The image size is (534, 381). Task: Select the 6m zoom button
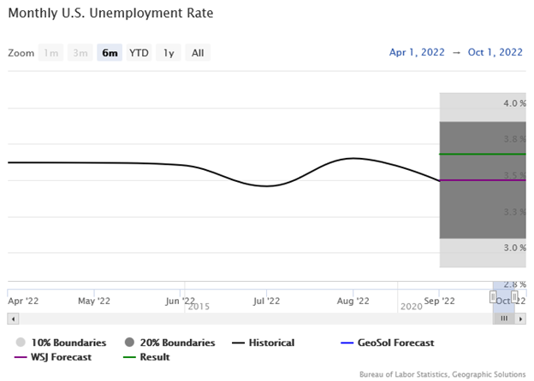[x=110, y=53]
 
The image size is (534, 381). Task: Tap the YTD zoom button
[x=139, y=53]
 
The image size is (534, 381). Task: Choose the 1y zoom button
[x=169, y=53]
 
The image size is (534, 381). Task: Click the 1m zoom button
[x=51, y=53]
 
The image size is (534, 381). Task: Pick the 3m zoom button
[x=80, y=53]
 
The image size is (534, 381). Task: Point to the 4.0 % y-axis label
[x=514, y=103]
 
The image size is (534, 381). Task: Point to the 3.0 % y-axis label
[x=514, y=248]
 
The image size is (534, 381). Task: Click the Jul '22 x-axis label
[x=266, y=301]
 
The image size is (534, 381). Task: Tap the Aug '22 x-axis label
[x=353, y=301]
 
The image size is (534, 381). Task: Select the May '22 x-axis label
[x=93, y=301]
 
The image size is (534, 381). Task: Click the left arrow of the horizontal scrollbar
[x=12, y=319]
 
